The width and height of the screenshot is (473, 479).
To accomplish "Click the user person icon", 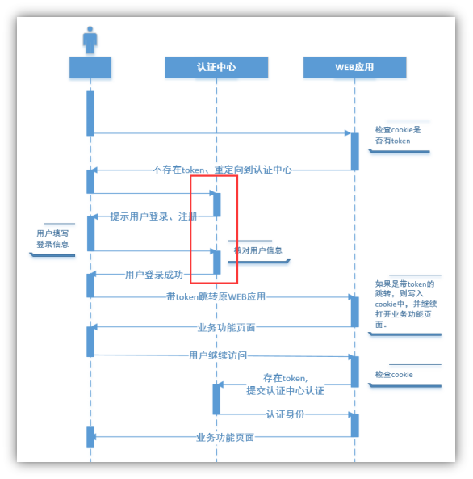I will pos(90,40).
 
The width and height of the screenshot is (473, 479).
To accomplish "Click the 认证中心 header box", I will pos(216,67).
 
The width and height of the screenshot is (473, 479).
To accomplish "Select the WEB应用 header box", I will pos(354,67).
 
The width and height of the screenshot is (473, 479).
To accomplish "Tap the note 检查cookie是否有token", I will pos(398,135).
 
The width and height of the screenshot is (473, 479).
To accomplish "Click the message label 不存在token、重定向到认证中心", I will pos(222,170).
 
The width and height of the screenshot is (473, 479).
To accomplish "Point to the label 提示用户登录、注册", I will pos(153,216).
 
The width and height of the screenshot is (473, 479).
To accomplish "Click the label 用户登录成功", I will pos(154,275).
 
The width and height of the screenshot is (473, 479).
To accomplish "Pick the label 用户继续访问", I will pos(217,355).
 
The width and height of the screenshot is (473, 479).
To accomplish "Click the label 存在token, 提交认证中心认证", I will pos(285,384).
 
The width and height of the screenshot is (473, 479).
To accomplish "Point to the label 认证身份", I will pos(285,414).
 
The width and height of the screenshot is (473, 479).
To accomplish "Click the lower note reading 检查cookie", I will pos(394,375).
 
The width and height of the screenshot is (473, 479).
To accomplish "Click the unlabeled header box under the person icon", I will pos(90,67).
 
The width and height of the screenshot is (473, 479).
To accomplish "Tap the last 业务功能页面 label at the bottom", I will pos(225,437).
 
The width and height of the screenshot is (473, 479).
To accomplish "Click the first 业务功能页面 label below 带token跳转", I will pos(225,327).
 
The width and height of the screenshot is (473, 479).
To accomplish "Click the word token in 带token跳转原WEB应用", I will pos(190,297).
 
